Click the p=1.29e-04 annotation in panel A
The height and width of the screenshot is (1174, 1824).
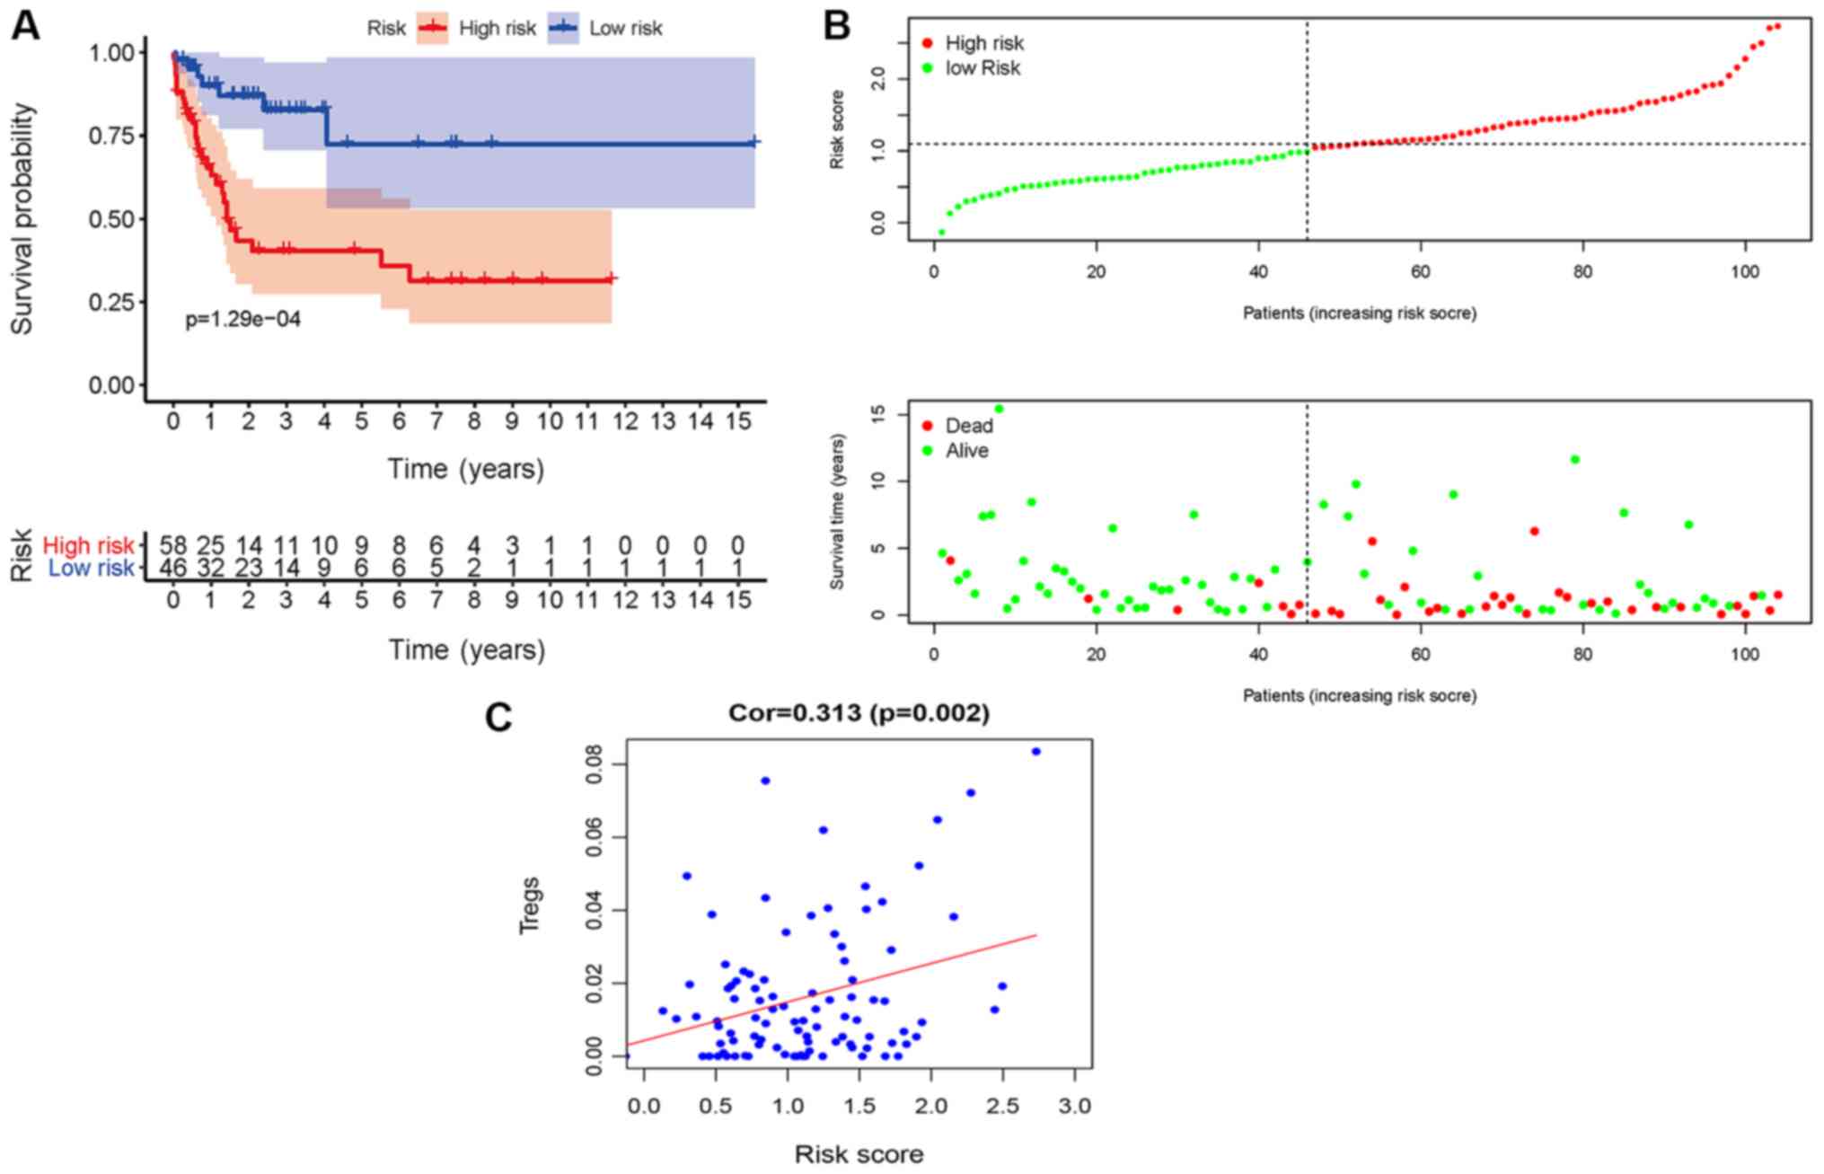[x=242, y=319]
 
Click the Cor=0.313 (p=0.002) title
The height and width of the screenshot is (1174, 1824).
[x=859, y=713]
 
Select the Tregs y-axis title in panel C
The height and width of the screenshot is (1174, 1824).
[x=530, y=905]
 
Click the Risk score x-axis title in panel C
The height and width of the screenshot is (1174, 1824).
[x=859, y=1154]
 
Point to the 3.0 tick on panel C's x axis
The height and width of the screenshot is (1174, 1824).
[x=1074, y=1106]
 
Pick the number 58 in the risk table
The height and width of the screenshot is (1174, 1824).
[x=172, y=545]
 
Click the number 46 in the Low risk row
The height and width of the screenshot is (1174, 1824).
[x=172, y=568]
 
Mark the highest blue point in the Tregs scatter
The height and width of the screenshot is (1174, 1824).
[x=1035, y=751]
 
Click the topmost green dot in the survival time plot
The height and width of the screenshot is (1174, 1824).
[x=999, y=409]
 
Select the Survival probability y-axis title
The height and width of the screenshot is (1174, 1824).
[x=22, y=219]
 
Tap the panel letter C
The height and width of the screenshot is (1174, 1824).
[x=498, y=718]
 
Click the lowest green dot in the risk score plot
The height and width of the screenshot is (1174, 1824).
[x=941, y=232]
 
